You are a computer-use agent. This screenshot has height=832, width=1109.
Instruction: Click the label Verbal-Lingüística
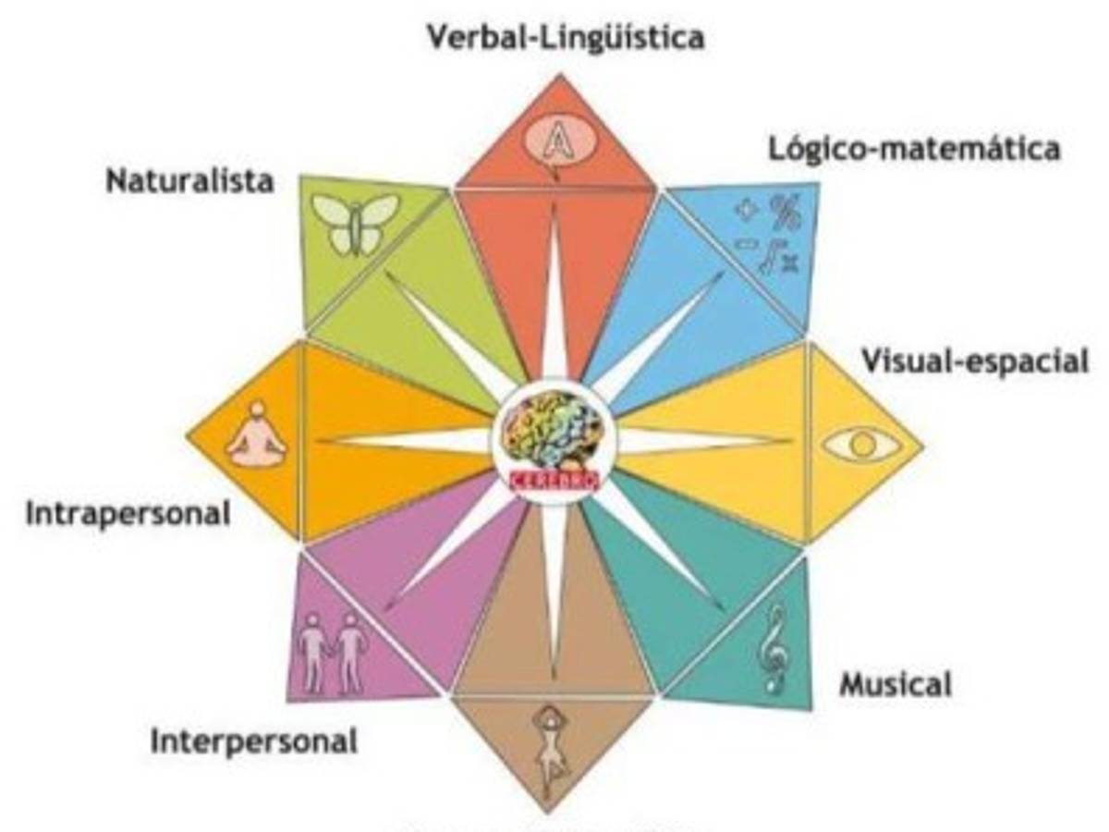coord(565,38)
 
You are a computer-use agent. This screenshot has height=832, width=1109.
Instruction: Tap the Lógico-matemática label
coord(914,149)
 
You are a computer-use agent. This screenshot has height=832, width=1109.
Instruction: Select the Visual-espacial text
coord(975,361)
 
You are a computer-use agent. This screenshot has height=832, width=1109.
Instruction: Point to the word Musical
coord(895,685)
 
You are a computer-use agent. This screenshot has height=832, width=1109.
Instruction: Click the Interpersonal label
coord(253,741)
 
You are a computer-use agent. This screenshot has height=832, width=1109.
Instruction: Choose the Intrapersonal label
coord(128,513)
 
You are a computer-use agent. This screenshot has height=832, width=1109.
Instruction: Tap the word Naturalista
coord(189,181)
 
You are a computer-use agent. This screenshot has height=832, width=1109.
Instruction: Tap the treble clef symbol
coord(769,648)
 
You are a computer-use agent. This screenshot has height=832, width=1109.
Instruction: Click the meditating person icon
coord(257,436)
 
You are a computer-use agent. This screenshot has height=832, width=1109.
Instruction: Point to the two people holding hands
coord(333,652)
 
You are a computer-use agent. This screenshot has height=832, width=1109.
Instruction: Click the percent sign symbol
coord(785,209)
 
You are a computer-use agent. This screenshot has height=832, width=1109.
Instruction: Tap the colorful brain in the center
coord(551,431)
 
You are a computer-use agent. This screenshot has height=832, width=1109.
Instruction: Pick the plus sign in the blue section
coord(745,210)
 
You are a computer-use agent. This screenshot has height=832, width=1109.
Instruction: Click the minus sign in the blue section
coord(742,244)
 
